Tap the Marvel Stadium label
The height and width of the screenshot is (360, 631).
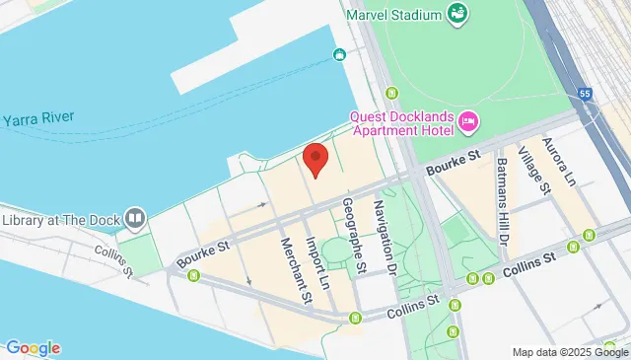coord(392,14)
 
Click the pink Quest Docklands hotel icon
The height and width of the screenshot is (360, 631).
coord(468,123)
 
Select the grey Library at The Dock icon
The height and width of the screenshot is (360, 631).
coord(135,216)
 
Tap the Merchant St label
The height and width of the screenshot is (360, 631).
coord(293,268)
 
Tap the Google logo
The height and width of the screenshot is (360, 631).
coord(33,347)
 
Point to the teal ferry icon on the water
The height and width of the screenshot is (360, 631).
coord(339,54)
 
